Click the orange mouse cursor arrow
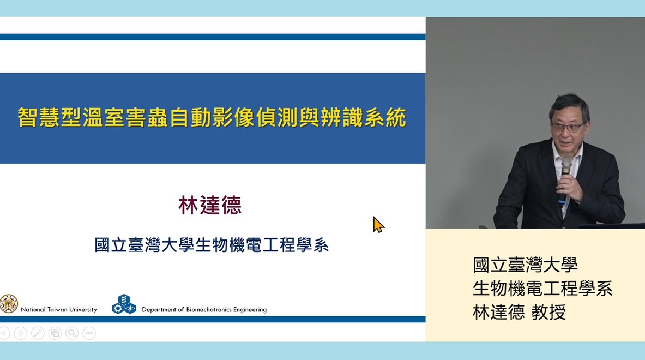pyautogui.click(x=378, y=225)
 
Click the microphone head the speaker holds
pyautogui.click(x=566, y=164)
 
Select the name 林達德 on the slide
pyautogui.click(x=210, y=205)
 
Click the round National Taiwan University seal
pyautogui.click(x=9, y=304)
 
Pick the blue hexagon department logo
pyautogui.click(x=124, y=304)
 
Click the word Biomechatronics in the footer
pyautogui.click(x=209, y=309)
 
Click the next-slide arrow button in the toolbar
pyautogui.click(x=21, y=333)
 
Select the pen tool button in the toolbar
pyautogui.click(x=38, y=333)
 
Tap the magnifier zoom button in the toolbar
pyautogui.click(x=72, y=333)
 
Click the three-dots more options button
pyautogui.click(x=89, y=333)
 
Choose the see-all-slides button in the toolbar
pyautogui.click(x=55, y=333)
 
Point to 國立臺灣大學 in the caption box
pyautogui.click(x=525, y=265)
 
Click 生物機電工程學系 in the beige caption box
pyautogui.click(x=542, y=289)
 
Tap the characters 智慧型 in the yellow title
pyautogui.click(x=49, y=117)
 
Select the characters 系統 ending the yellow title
pyautogui.click(x=385, y=117)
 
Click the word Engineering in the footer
pyautogui.click(x=250, y=310)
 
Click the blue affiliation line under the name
pyautogui.click(x=212, y=245)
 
